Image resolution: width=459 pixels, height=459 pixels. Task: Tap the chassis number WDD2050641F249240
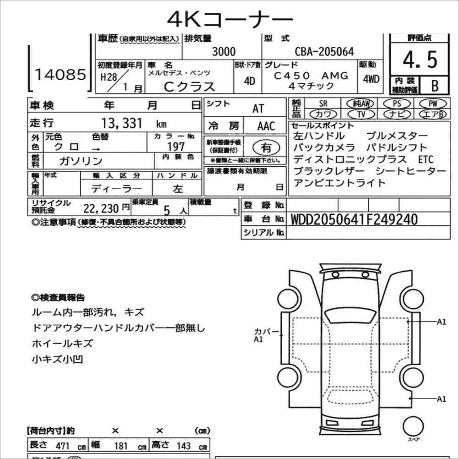[354, 219]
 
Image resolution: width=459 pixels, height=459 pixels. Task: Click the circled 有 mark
[266, 148]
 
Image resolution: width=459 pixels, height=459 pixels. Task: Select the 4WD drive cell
[371, 79]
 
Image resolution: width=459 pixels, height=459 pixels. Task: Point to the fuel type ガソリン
[81, 161]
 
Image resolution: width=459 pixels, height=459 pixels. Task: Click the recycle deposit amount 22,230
[102, 208]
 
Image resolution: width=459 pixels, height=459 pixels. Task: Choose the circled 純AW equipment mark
[361, 104]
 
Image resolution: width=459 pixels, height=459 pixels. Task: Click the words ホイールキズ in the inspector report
[62, 343]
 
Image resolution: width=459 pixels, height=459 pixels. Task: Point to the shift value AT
[258, 109]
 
